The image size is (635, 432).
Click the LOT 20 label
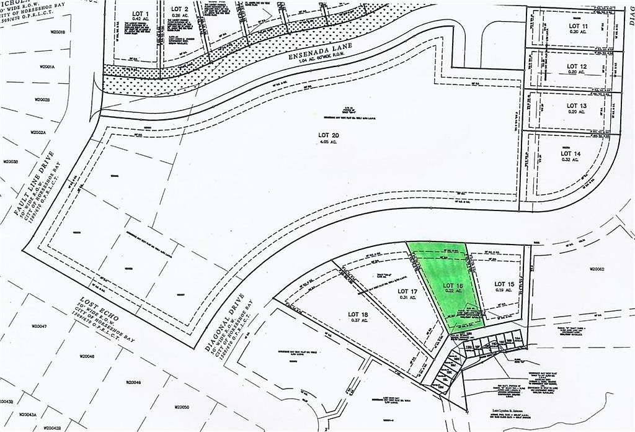(327, 134)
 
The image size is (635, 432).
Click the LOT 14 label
(571, 153)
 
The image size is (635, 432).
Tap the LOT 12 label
(577, 66)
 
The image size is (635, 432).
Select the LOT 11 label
(579, 25)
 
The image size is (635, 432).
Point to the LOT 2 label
(180, 9)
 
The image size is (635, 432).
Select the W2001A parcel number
(47, 66)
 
